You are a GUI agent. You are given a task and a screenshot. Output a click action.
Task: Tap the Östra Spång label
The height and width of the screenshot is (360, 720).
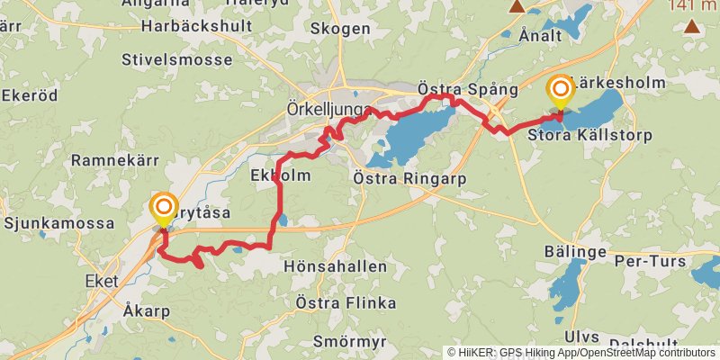pyautogui.click(x=468, y=89)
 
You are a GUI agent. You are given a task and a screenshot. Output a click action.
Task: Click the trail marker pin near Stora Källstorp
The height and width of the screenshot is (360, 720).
pyautogui.click(x=561, y=89)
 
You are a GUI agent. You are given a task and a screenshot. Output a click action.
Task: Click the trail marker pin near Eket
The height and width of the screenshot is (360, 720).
pyautogui.click(x=164, y=210)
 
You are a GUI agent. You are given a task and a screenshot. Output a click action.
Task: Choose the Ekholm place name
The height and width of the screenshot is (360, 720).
pyautogui.click(x=281, y=175)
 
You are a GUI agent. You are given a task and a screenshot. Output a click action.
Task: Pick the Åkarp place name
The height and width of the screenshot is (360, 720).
pyautogui.click(x=143, y=310)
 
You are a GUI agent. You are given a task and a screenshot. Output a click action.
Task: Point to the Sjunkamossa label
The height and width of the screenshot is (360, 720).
pyautogui.click(x=59, y=222)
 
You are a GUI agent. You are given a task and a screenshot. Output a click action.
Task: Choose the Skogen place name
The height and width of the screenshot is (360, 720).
pyautogui.click(x=339, y=29)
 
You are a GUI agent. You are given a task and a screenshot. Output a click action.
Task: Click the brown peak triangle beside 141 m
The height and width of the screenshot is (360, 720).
pyautogui.click(x=692, y=25)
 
